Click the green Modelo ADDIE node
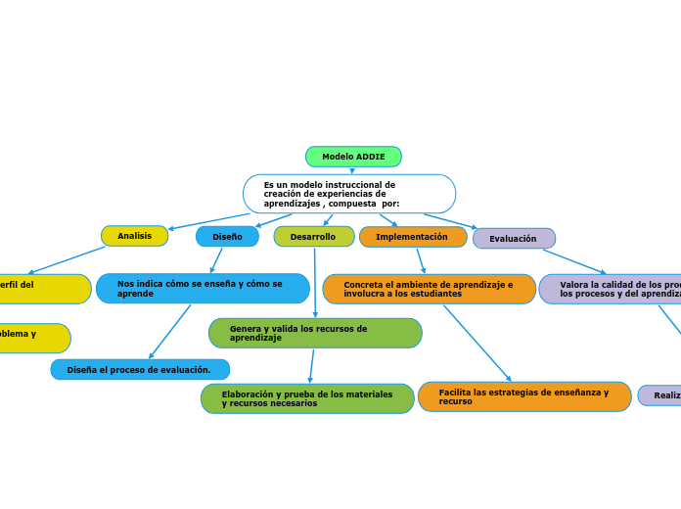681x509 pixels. tap(353, 157)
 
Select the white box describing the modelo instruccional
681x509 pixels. tap(349, 194)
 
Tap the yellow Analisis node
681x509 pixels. tap(134, 236)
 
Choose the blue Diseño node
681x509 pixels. tap(227, 237)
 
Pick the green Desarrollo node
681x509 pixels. tap(313, 237)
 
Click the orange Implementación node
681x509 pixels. tap(412, 237)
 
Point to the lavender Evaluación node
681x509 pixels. tap(514, 239)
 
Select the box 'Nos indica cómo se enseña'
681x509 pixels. tap(203, 289)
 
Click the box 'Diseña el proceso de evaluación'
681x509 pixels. tap(140, 370)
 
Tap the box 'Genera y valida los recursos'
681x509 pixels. tap(315, 333)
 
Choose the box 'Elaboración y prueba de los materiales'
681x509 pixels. tap(307, 398)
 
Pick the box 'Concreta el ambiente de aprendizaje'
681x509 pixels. tap(429, 289)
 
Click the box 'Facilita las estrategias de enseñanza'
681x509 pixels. tap(524, 396)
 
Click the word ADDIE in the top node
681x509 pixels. tap(371, 157)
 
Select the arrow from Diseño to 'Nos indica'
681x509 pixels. tap(217, 259)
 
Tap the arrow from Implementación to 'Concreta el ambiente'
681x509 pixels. tap(420, 259)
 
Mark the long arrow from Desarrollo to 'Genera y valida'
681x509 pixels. tap(315, 282)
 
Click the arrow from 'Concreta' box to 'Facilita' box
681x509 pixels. tap(477, 343)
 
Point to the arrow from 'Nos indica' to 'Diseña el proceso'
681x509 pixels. tap(170, 331)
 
